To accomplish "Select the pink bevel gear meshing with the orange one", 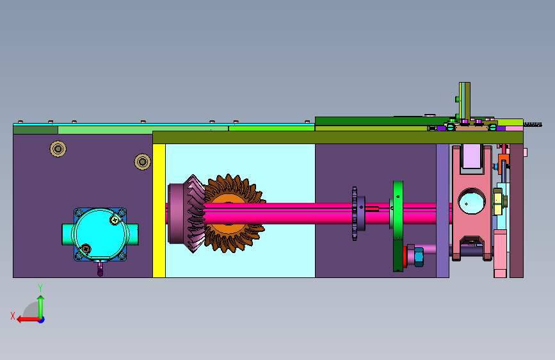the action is (x=187, y=214).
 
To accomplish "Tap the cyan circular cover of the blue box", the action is (x=99, y=234).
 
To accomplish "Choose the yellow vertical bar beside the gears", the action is (x=159, y=211).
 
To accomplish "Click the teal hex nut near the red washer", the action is (x=419, y=256).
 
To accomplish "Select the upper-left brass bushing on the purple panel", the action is (x=58, y=149).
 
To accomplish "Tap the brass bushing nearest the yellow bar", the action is (x=143, y=161).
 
